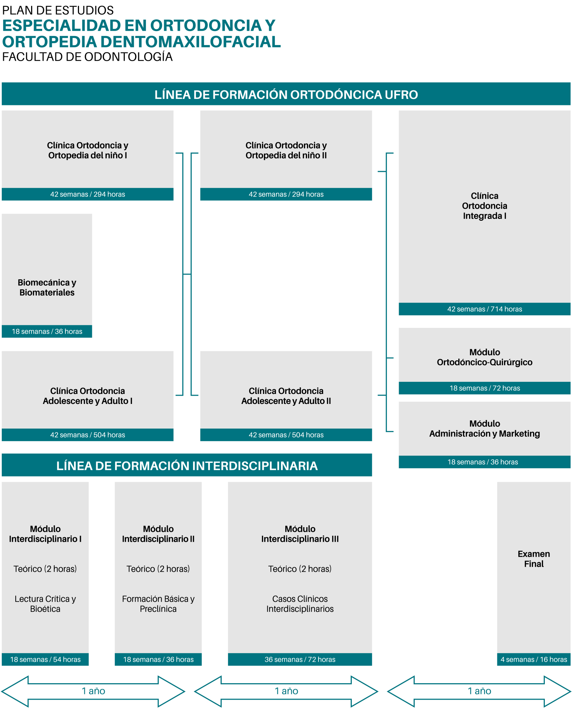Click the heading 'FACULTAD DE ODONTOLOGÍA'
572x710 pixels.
[x=87, y=57]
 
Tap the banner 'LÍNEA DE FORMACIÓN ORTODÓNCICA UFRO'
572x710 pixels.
[x=286, y=94]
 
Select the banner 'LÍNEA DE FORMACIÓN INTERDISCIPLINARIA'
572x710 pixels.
[x=187, y=465]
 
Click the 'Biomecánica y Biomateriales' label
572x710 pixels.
[x=47, y=287]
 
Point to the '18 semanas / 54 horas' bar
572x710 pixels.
[x=45, y=659]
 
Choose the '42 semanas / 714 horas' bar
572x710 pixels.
[x=484, y=309]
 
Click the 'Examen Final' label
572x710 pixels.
[x=534, y=559]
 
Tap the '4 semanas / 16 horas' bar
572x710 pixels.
[x=534, y=659]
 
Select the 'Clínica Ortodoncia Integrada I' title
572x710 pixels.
[x=484, y=206]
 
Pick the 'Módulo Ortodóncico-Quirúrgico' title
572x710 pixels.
[x=484, y=357]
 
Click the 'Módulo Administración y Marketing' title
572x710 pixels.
[x=484, y=429]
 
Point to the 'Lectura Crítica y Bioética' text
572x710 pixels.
[x=45, y=604]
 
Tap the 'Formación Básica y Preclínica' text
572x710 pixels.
[x=158, y=604]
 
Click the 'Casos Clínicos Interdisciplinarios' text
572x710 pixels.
[x=300, y=604]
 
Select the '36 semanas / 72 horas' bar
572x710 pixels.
[x=300, y=659]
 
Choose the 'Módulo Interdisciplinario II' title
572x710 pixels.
[x=158, y=534]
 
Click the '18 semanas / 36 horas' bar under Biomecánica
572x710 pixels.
[x=47, y=331]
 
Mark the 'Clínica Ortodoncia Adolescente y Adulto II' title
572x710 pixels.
[x=286, y=396]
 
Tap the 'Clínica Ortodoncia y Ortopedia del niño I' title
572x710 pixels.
[x=88, y=150]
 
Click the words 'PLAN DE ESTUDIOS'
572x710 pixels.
[x=58, y=10]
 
